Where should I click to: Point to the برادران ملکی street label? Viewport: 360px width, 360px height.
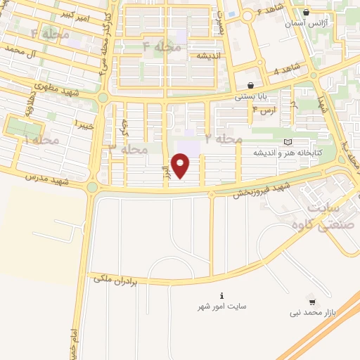coord(117,279)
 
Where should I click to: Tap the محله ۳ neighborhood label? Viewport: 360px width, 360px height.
coord(127,150)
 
